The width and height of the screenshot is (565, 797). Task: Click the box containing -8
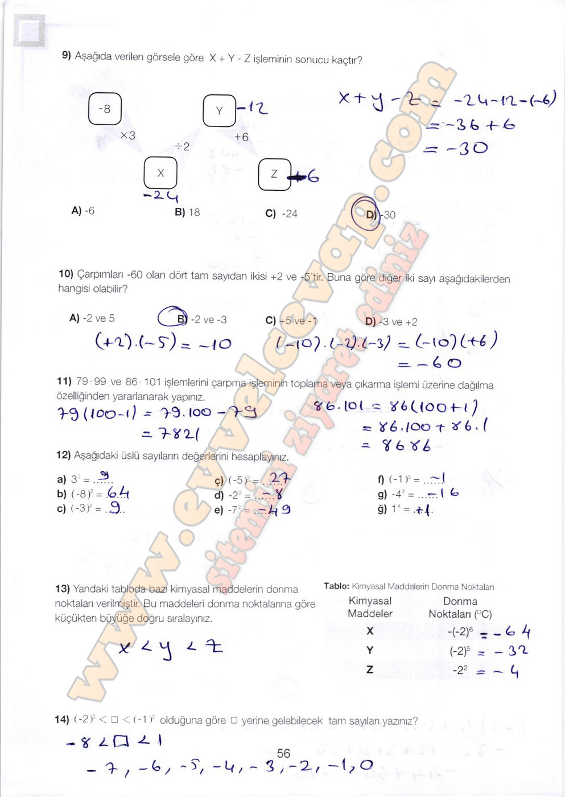point(105,109)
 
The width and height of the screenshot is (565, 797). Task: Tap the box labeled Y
point(219,110)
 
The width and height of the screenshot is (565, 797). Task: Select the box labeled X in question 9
point(160,172)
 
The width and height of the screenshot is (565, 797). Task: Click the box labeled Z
point(274,174)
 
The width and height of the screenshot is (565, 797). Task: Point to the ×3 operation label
point(128,135)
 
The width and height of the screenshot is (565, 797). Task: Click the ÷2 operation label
point(183,147)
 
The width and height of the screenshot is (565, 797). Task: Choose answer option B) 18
point(188,212)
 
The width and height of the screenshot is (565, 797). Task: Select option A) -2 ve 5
point(92,318)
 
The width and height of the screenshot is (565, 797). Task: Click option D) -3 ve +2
point(391,322)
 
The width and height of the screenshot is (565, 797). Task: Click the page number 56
point(283,753)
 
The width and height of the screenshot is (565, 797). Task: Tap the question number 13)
point(63,589)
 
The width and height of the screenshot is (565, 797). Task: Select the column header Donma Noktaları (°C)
point(460,607)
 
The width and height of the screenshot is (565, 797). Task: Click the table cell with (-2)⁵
point(459,651)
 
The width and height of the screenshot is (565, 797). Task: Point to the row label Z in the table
point(370,669)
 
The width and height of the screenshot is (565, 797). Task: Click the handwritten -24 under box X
point(161,196)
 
